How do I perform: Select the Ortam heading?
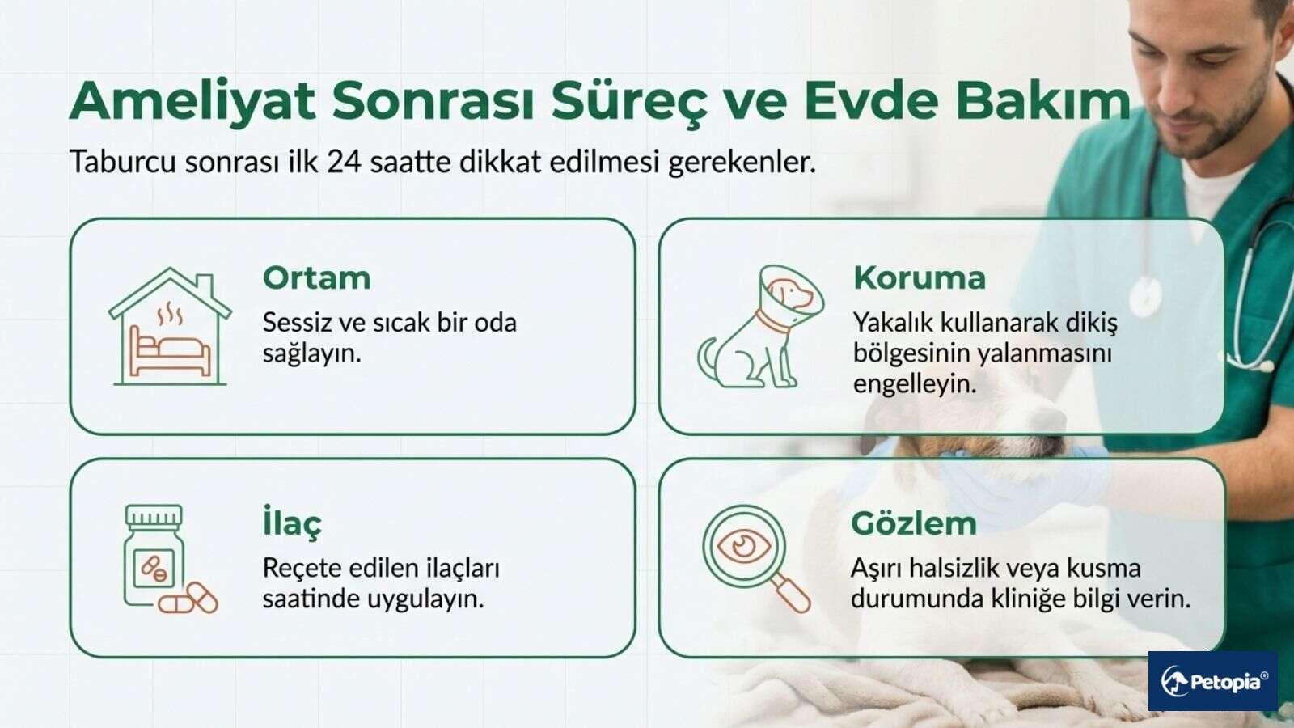click(316, 278)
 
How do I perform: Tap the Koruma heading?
click(920, 278)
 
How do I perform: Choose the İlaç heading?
click(292, 523)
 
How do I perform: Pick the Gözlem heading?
click(913, 523)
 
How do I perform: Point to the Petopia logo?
click(1213, 681)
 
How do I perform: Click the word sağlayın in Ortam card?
click(311, 353)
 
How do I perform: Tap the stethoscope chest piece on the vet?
click(1144, 295)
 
